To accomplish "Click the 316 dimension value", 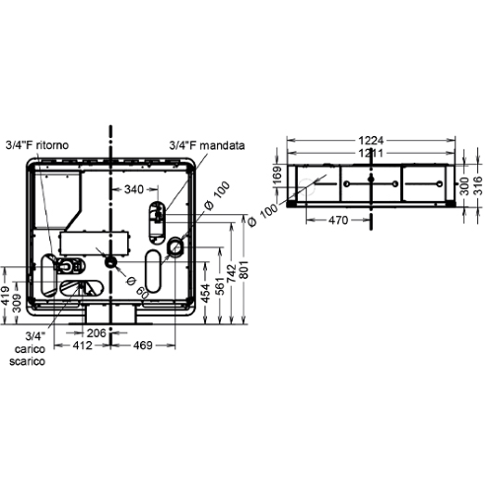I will point(478,184).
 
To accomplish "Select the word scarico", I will point(28,362).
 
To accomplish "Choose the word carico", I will point(28,349).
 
